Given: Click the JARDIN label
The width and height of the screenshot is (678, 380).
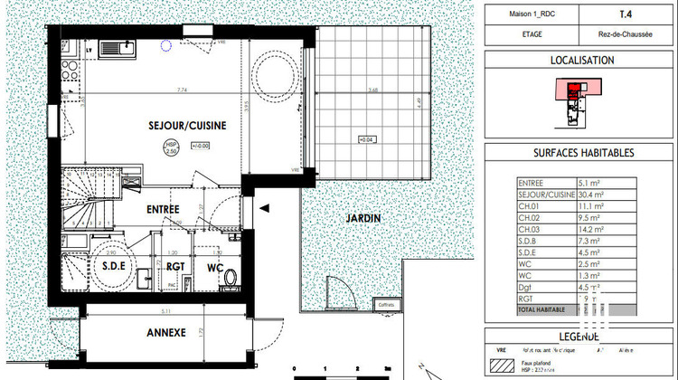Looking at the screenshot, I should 361,218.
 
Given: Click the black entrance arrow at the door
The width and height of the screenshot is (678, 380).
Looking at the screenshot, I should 264,208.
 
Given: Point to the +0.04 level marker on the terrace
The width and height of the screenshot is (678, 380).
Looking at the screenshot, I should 367,139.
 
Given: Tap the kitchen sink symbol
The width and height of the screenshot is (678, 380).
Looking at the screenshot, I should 124,44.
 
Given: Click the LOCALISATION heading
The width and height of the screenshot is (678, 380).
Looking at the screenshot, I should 582,61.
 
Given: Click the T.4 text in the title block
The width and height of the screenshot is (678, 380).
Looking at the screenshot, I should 626,14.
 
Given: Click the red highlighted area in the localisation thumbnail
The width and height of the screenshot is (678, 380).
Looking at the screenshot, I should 573,87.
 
